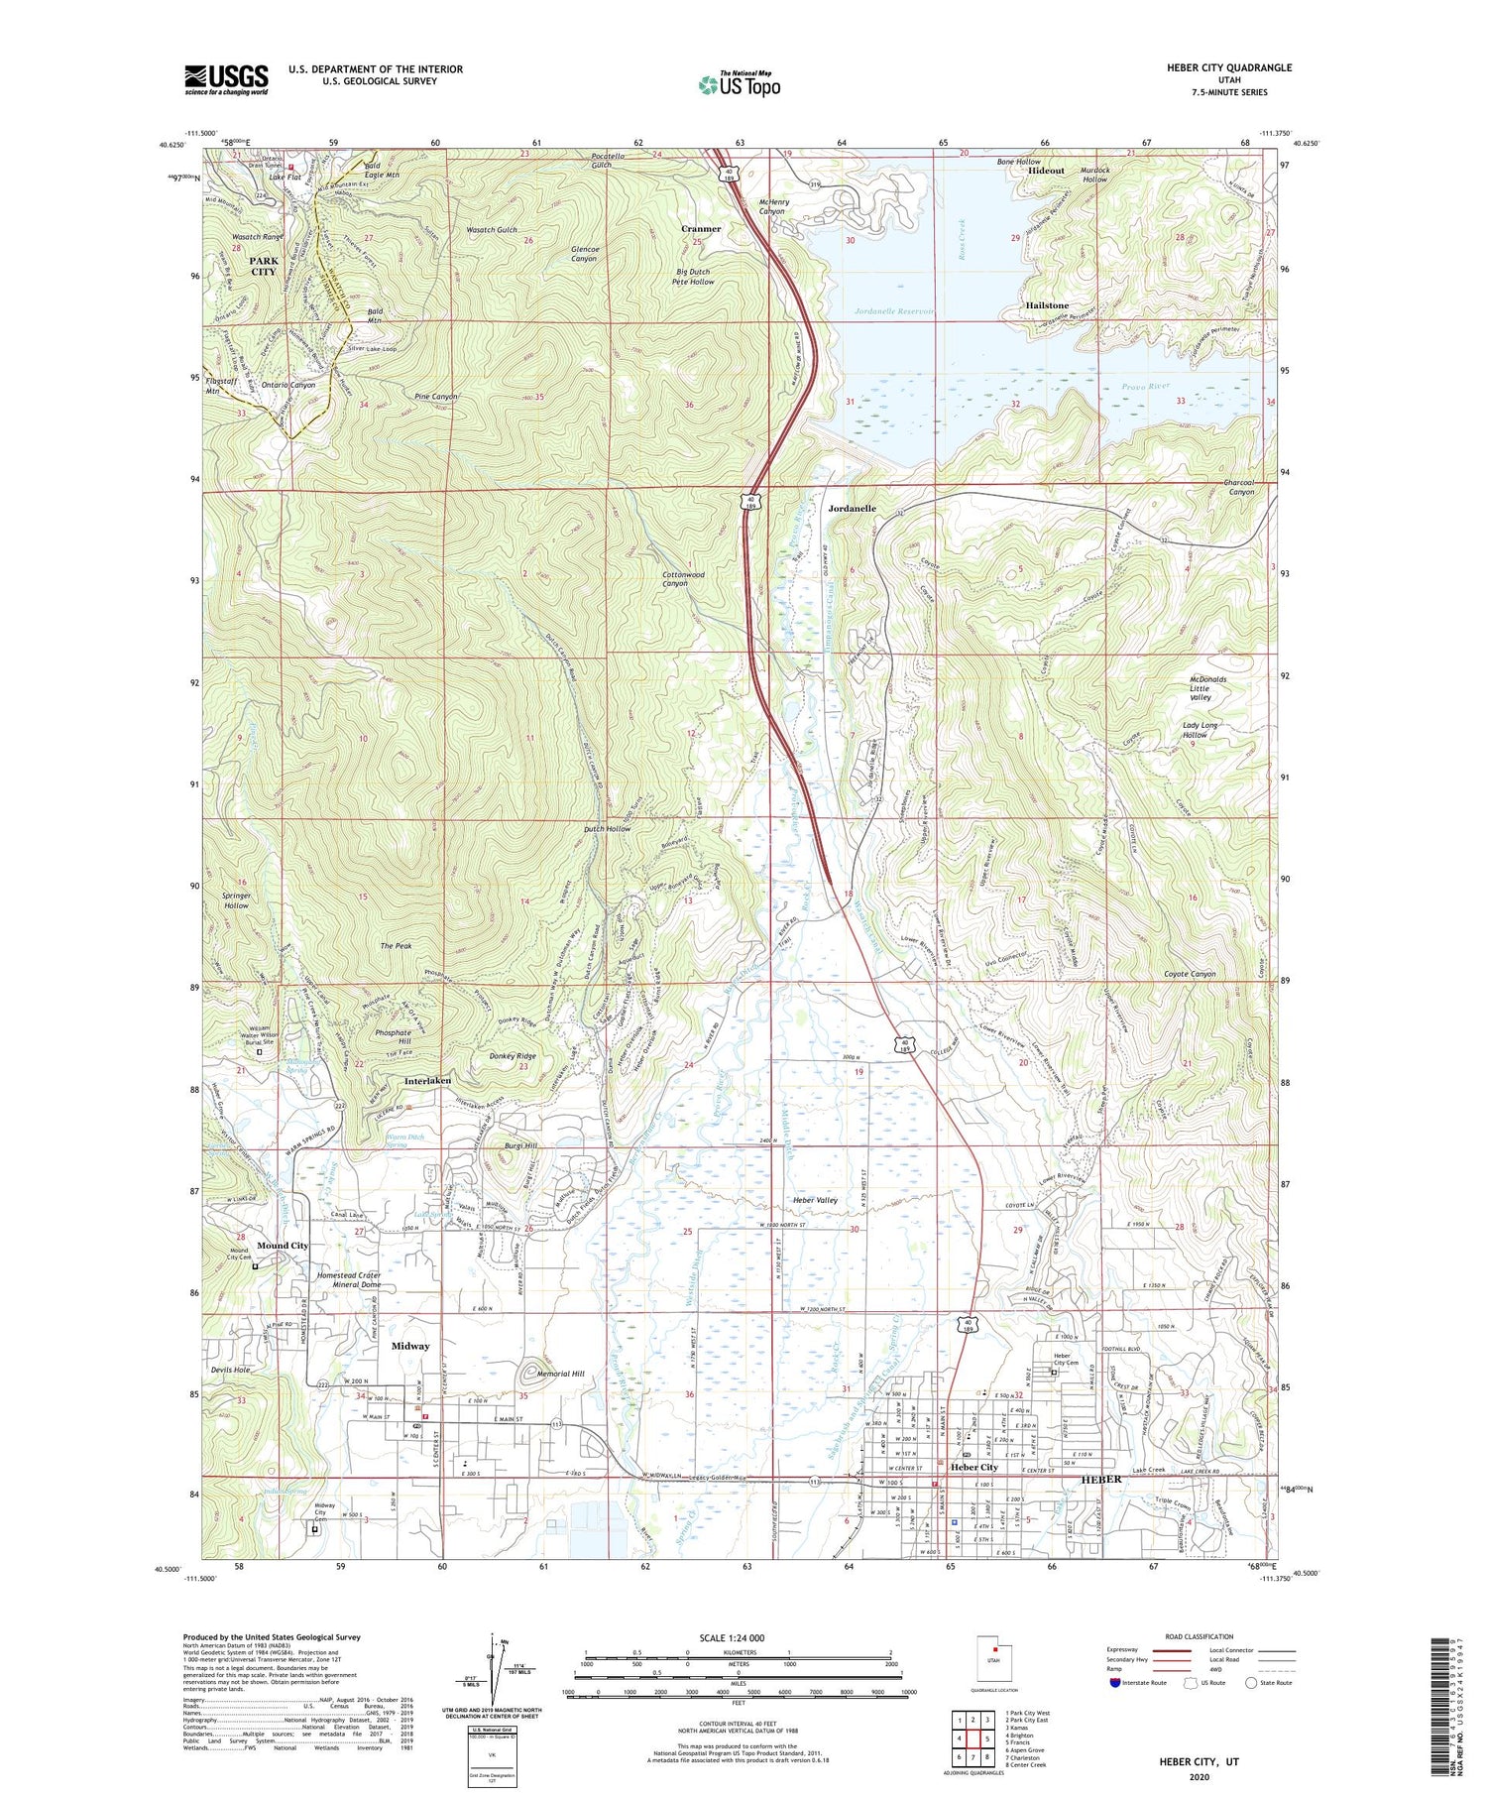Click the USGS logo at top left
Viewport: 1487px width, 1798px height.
[226, 79]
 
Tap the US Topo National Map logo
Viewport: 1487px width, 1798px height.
[739, 84]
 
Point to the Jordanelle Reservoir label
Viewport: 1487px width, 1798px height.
[894, 311]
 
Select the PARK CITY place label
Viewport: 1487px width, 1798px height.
[264, 266]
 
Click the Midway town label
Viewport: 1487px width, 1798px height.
[410, 1346]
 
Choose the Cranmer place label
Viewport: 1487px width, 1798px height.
[701, 229]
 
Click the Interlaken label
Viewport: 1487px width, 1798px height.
[428, 1080]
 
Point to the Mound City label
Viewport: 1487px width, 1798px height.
[283, 1245]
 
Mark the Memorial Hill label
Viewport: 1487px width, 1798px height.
[560, 1374]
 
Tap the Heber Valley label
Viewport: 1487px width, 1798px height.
[816, 1200]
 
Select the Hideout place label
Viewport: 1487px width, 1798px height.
[1046, 171]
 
